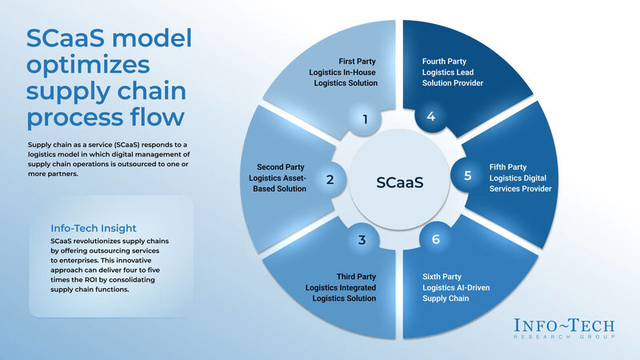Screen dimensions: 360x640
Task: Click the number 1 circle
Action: click(365, 120)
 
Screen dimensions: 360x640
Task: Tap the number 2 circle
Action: click(330, 180)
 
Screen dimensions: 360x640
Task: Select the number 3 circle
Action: click(362, 239)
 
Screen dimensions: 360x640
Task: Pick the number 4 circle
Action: click(430, 118)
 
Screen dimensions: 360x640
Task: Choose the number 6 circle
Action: click(434, 238)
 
